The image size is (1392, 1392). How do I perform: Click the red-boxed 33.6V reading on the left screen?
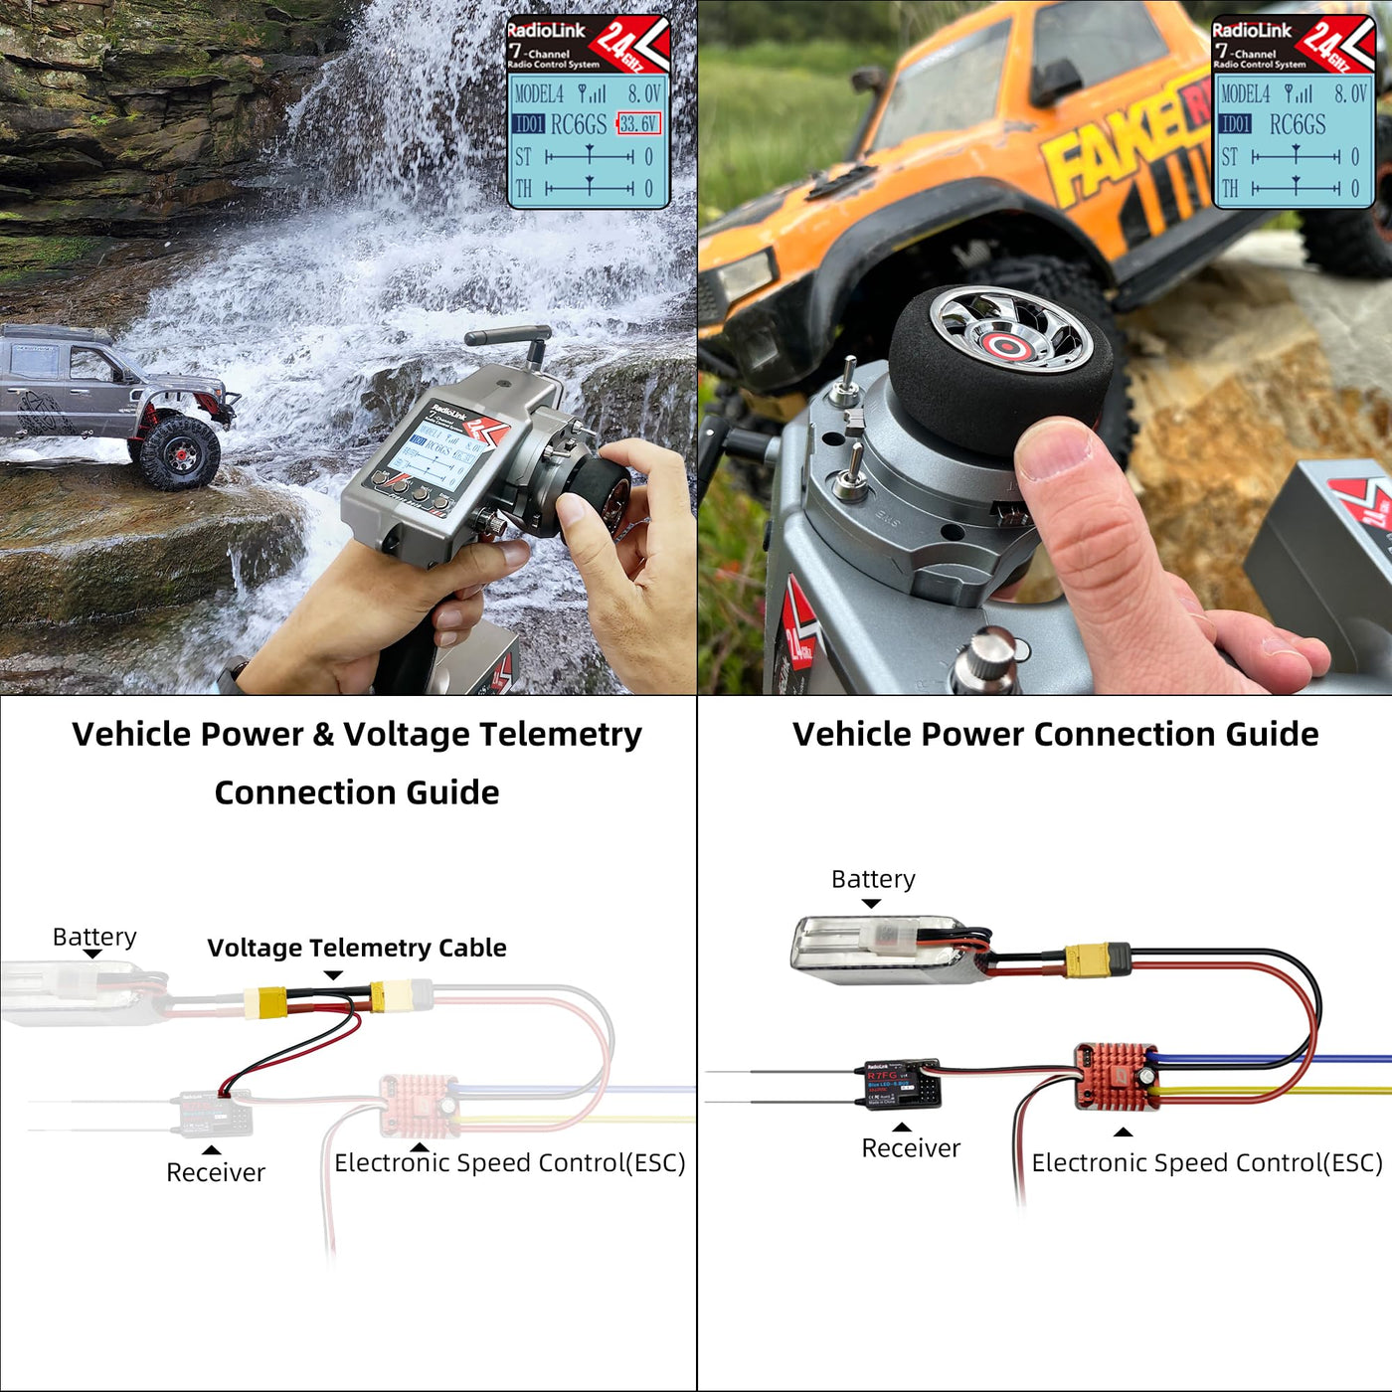coord(639,124)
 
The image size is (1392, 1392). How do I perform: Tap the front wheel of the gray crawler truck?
coord(179,452)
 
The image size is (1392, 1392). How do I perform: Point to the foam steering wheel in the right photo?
coord(994,363)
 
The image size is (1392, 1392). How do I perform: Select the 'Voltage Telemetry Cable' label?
coord(357,948)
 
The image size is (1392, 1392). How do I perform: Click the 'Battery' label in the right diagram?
coord(873,879)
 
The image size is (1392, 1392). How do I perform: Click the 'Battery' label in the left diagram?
coord(94,937)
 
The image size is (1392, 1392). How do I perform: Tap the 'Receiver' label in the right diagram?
coord(911,1148)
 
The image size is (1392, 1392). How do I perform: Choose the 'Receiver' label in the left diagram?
coord(216,1173)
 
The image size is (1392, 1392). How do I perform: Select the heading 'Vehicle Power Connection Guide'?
coord(1055,735)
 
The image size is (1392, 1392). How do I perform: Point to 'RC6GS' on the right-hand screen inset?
coord(1298,125)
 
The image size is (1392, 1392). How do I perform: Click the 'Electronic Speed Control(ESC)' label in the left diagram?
coord(510,1163)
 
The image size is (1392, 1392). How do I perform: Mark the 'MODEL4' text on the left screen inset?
coord(539,94)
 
